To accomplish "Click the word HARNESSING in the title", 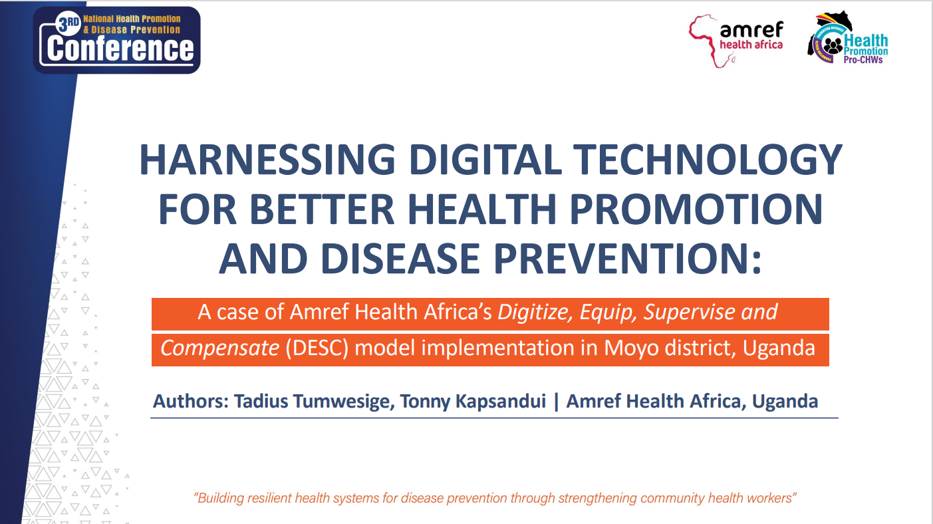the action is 267,160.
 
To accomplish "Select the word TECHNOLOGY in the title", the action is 708,160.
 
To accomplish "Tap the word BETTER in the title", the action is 322,209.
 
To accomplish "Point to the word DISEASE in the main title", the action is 400,259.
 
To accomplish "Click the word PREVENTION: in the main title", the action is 628,259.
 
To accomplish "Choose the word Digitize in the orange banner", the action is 535,313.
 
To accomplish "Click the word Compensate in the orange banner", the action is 220,348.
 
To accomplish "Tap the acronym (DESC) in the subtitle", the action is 317,348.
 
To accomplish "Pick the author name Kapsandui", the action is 501,402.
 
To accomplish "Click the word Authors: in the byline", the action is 191,401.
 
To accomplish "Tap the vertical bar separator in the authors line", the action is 556,402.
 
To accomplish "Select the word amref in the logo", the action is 751,29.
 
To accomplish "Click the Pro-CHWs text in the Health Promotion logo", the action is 863,60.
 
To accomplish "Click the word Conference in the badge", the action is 120,49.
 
